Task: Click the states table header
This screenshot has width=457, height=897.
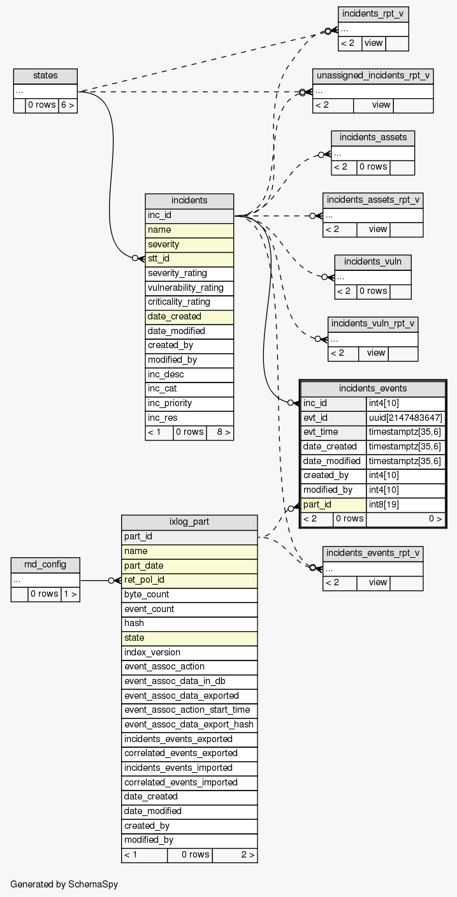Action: (45, 76)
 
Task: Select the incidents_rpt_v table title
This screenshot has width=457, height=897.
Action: (373, 14)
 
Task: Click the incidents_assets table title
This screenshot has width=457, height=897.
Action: (373, 138)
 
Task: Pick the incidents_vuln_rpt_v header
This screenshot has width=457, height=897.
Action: (373, 323)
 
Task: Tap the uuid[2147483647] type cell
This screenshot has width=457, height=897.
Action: (405, 418)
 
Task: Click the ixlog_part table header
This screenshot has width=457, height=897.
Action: (189, 522)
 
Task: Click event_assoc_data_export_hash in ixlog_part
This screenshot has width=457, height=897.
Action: (189, 724)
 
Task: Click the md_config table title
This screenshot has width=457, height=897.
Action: (45, 565)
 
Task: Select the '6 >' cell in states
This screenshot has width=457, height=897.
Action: (68, 105)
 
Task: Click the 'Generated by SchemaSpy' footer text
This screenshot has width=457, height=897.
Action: (64, 884)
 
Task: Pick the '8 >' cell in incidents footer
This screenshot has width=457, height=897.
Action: (220, 432)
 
